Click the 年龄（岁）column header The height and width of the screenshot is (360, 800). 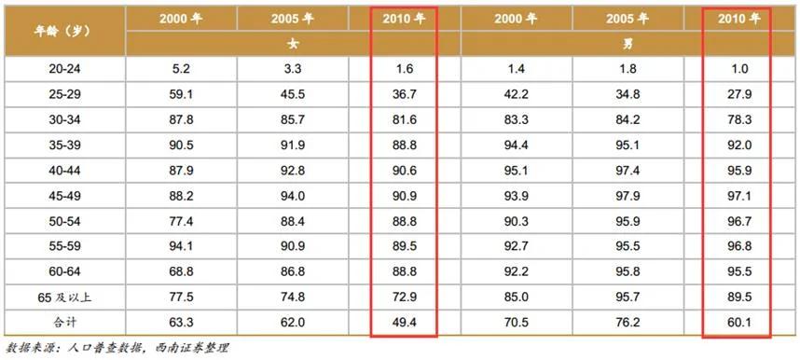click(63, 31)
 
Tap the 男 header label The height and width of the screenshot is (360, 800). click(628, 44)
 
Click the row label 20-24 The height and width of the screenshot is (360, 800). click(65, 68)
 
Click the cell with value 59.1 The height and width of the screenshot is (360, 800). click(181, 94)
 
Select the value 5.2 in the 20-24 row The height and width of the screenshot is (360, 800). click(181, 68)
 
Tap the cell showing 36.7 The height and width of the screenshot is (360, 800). click(405, 94)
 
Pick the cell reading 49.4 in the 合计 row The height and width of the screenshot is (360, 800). click(405, 323)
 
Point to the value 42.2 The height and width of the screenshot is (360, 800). click(517, 94)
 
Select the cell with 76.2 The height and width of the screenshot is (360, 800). click(628, 323)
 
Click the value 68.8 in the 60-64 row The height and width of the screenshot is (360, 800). click(181, 271)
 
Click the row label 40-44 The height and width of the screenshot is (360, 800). click(65, 170)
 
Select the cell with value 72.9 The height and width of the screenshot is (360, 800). click(405, 298)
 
